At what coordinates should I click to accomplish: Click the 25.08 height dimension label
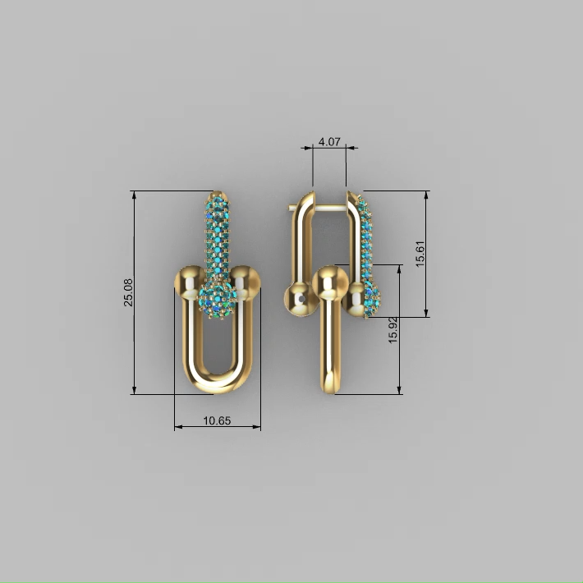point(128,292)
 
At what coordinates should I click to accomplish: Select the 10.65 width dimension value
point(217,420)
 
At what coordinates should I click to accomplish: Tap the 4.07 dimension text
point(329,142)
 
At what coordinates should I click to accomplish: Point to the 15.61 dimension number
point(420,254)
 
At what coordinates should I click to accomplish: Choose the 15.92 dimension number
point(393,330)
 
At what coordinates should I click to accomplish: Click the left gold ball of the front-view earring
point(190,282)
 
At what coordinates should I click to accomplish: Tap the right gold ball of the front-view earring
point(245,282)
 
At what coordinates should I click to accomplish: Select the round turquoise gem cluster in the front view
point(218,300)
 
